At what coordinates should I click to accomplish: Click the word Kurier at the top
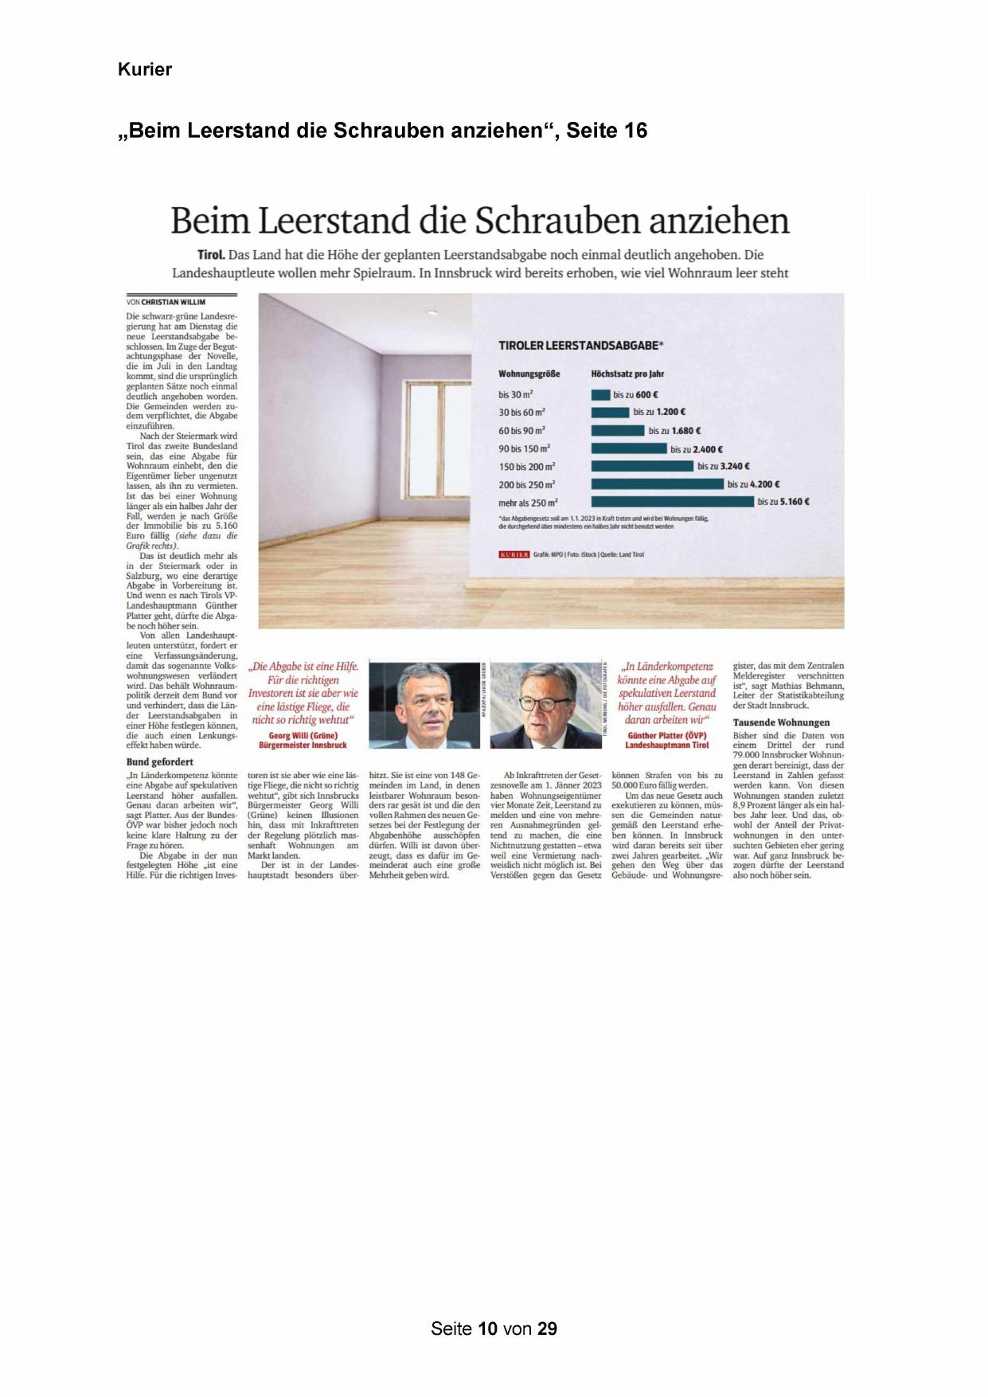pyautogui.click(x=144, y=69)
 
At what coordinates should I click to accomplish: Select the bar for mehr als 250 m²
pyautogui.click(x=672, y=502)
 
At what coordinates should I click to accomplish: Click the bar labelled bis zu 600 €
pyautogui.click(x=600, y=394)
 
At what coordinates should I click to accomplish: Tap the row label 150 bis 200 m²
pyautogui.click(x=527, y=467)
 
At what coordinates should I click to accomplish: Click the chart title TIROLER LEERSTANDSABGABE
pyautogui.click(x=580, y=346)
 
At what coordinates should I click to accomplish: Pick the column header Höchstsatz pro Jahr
pyautogui.click(x=627, y=374)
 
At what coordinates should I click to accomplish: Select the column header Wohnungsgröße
pyautogui.click(x=529, y=374)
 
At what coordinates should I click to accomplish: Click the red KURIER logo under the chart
pyautogui.click(x=514, y=554)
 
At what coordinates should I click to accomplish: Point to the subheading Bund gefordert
pyautogui.click(x=160, y=761)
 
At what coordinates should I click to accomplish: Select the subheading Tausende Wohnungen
pyautogui.click(x=781, y=722)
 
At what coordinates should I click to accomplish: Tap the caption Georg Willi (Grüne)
pyautogui.click(x=303, y=736)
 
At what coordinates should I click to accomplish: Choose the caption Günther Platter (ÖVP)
pyautogui.click(x=666, y=736)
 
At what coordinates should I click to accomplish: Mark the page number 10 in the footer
pyautogui.click(x=487, y=1329)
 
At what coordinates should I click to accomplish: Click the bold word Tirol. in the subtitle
pyautogui.click(x=211, y=255)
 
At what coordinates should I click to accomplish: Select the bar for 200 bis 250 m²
pyautogui.click(x=657, y=484)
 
